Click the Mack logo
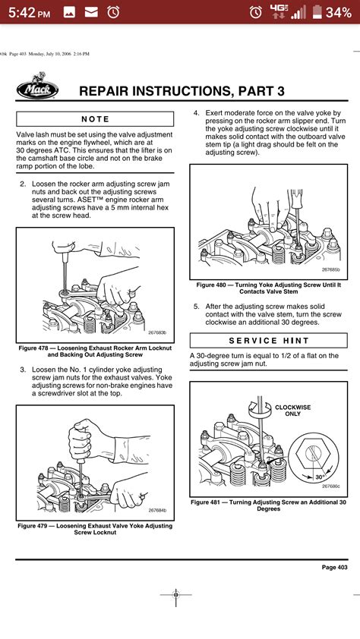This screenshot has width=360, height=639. [x=37, y=86]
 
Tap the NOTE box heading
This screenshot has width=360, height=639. [x=95, y=119]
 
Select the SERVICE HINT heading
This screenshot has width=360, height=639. [x=269, y=340]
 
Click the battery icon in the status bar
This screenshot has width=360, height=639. [x=317, y=12]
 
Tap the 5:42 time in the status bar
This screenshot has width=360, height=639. [x=30, y=13]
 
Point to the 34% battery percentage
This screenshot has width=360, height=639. [x=339, y=13]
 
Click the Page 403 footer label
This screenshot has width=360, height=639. [x=334, y=567]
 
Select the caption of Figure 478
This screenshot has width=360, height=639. [x=95, y=351]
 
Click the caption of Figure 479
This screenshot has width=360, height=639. [x=95, y=529]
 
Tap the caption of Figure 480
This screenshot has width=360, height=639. [x=269, y=288]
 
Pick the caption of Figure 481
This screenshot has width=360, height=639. [x=269, y=505]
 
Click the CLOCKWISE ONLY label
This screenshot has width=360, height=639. [x=292, y=411]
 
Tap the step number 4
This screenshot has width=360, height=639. [x=196, y=113]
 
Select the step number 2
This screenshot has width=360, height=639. [x=23, y=184]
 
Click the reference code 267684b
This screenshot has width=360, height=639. [x=157, y=510]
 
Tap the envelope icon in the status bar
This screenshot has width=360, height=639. [x=91, y=12]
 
